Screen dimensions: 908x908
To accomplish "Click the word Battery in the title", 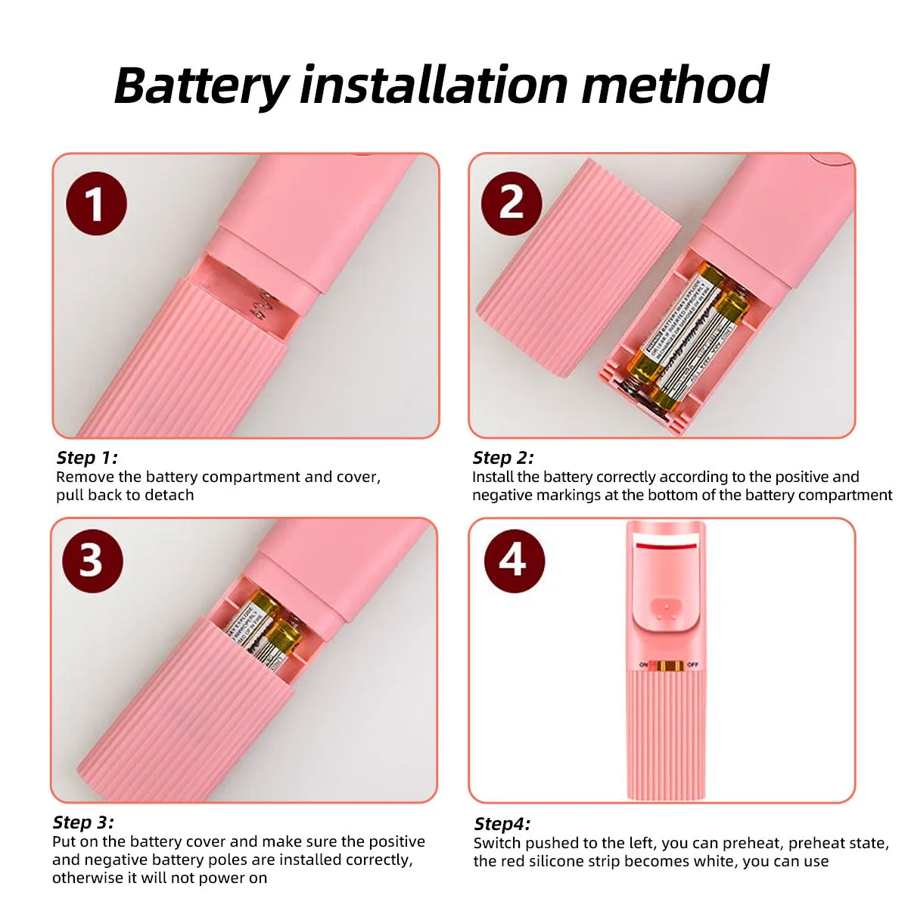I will (201, 86).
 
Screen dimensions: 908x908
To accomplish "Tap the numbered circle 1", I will (96, 204).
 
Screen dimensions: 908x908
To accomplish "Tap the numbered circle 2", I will (512, 204).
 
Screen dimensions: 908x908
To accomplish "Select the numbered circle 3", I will (92, 561).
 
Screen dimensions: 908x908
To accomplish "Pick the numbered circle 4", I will (514, 561).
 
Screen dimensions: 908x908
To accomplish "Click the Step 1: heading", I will (87, 457).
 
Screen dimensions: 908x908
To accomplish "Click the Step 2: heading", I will (503, 457).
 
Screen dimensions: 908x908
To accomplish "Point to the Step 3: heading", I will (83, 822).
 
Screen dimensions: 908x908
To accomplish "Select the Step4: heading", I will (502, 824).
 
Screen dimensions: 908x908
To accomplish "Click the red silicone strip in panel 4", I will (667, 545).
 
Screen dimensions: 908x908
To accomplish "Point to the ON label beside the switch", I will (643, 664).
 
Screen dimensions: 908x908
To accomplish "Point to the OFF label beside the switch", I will (693, 664).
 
